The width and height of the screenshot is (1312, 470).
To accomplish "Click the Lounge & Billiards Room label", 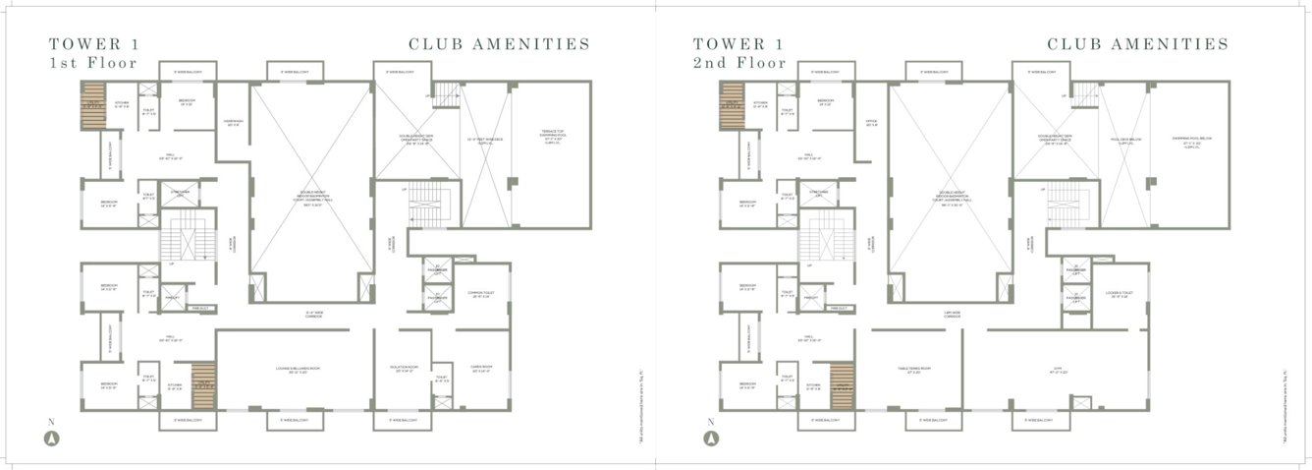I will pyautogui.click(x=292, y=371).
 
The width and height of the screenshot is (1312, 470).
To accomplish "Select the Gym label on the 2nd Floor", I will pyautogui.click(x=1057, y=371).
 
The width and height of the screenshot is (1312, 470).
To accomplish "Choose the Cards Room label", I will pyautogui.click(x=480, y=371).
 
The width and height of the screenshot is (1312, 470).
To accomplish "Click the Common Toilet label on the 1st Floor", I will pyautogui.click(x=482, y=294).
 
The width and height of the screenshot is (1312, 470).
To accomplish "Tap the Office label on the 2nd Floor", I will pyautogui.click(x=870, y=124).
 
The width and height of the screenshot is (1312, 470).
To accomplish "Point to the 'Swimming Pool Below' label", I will pyautogui.click(x=1192, y=141).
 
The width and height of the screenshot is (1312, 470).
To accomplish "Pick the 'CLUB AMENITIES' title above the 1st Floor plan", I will pyautogui.click(x=499, y=44).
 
